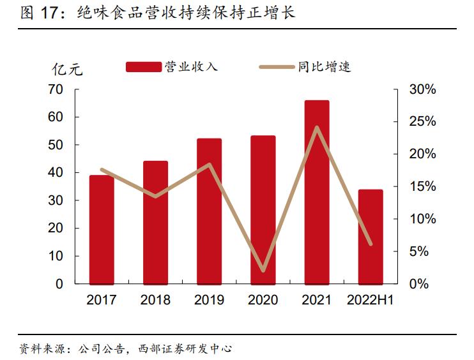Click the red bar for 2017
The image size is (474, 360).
click(102, 230)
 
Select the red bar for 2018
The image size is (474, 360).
click(155, 223)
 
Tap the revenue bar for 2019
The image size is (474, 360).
click(209, 211)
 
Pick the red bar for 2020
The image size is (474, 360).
click(263, 210)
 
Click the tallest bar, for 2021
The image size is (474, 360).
click(317, 192)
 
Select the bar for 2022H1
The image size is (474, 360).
click(371, 237)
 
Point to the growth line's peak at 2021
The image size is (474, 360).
click(317, 127)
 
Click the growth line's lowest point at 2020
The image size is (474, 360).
click(263, 271)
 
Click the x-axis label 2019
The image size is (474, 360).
click(209, 300)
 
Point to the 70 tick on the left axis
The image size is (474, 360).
click(56, 90)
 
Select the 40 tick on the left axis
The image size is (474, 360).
click(56, 173)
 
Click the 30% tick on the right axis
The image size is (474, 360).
click(422, 90)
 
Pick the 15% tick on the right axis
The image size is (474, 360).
click(422, 187)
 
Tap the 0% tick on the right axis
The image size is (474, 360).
click(418, 284)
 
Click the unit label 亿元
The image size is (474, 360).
click(67, 70)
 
